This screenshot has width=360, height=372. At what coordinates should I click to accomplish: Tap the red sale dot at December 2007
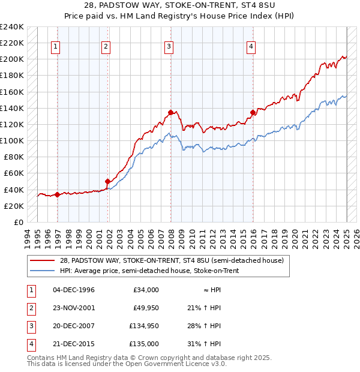coord(171,112)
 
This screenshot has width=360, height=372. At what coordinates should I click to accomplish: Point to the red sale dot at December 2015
coord(253,112)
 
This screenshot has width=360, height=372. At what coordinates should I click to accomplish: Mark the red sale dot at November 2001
coord(108,181)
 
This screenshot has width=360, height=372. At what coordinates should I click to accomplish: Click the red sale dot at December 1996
coord(57,194)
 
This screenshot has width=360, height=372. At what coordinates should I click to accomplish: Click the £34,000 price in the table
coord(146,290)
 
